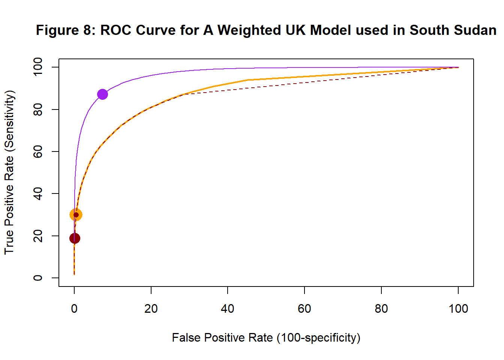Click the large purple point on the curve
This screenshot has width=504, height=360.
(x=102, y=94)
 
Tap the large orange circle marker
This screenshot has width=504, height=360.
(x=76, y=215)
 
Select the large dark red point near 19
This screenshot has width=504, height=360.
(x=75, y=238)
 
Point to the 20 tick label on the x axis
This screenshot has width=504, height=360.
(x=151, y=309)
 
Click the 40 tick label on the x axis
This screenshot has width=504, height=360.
(x=228, y=309)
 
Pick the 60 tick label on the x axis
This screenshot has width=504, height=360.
(x=304, y=309)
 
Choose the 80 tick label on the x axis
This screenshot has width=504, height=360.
(x=381, y=309)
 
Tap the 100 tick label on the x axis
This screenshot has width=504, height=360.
(x=458, y=309)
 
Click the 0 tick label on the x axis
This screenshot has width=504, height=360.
(x=74, y=309)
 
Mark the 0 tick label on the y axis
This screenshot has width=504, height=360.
(x=38, y=278)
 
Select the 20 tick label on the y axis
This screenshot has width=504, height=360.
(x=38, y=236)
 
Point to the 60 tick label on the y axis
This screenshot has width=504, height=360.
(x=38, y=151)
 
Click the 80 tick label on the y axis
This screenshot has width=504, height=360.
(x=38, y=109)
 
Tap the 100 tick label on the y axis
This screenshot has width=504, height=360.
(x=38, y=67)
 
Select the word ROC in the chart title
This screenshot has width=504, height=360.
(x=116, y=30)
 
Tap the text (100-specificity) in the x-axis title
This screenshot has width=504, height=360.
(x=318, y=338)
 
